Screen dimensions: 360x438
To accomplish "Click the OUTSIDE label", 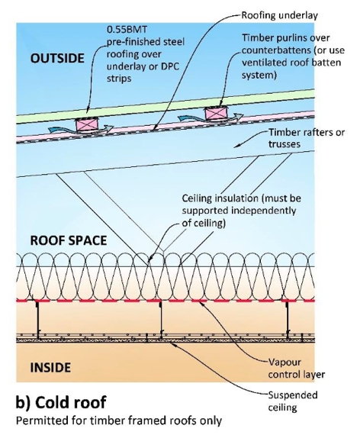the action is (57, 59).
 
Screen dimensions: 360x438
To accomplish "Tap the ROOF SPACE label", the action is (69, 240).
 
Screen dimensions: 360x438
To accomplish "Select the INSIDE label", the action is (50, 367).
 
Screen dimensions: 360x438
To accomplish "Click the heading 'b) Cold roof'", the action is (61, 402).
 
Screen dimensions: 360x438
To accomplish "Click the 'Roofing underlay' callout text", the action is (280, 15).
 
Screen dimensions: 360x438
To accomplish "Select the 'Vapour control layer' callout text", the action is (297, 368).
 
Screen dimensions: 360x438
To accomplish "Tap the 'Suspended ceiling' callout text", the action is (293, 401).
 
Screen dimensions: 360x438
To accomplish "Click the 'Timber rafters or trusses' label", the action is (307, 138).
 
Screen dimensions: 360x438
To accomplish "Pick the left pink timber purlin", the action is (88, 124).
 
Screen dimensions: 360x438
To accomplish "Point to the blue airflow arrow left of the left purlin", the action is (62, 130).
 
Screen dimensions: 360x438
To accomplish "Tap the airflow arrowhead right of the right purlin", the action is (238, 116).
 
